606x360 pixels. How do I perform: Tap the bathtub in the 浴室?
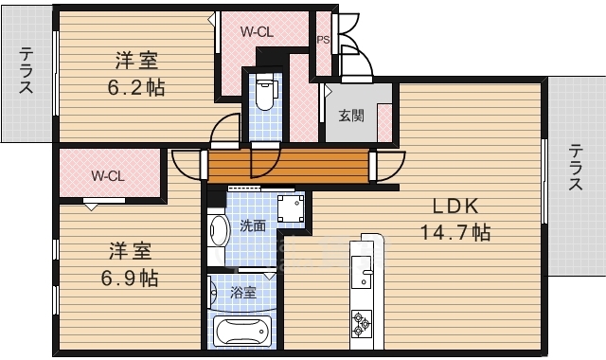[243, 332]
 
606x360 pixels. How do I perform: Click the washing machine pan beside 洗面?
[290, 209]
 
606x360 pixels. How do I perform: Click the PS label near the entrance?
[322, 40]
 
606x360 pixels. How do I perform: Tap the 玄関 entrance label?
[350, 116]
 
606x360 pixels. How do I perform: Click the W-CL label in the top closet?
[258, 31]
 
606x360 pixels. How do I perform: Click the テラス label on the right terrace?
[576, 168]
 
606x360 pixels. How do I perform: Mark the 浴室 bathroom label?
[243, 293]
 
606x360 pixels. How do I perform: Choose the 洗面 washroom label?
[252, 225]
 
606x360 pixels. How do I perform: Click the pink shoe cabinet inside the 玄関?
[384, 121]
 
